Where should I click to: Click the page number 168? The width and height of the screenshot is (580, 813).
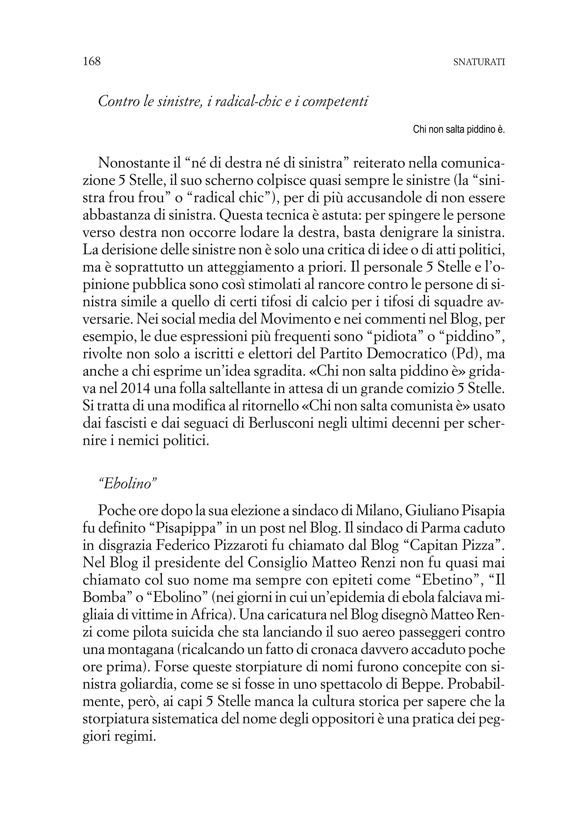(92, 62)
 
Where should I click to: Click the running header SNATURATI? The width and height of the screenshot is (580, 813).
(479, 62)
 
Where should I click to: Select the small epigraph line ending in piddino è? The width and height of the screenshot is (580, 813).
(459, 130)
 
